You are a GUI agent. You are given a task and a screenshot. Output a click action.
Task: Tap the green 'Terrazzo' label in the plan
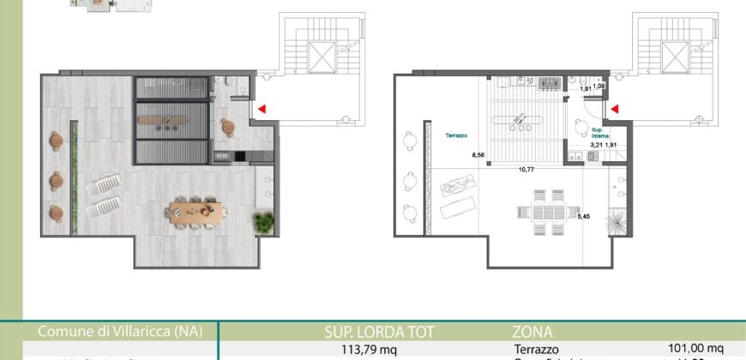[x=455, y=135]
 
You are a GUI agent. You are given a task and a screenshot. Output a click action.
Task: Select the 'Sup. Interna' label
[x=599, y=133]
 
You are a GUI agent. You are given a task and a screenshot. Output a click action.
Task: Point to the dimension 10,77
[x=526, y=170]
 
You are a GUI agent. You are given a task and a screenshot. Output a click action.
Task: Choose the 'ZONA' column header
[x=534, y=332]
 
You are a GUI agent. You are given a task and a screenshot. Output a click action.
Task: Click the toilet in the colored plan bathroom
[x=232, y=81]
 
